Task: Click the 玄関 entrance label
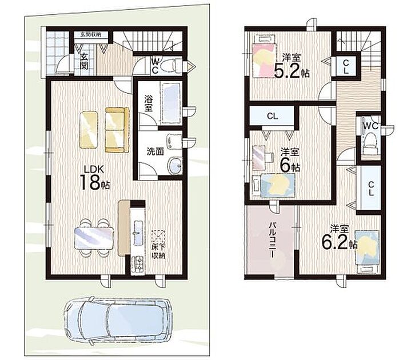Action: click(x=84, y=61)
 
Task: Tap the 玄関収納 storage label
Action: click(x=91, y=34)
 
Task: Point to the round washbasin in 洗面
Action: click(x=175, y=166)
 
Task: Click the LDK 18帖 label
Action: click(x=94, y=177)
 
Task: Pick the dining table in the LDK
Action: click(x=94, y=238)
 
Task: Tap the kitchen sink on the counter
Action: click(x=138, y=233)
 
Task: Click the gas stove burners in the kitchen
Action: click(x=138, y=264)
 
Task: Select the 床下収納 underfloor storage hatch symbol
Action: click(x=158, y=237)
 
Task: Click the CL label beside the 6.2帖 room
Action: click(x=370, y=189)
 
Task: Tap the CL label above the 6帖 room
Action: click(x=273, y=116)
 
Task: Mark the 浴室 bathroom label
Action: click(x=148, y=103)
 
